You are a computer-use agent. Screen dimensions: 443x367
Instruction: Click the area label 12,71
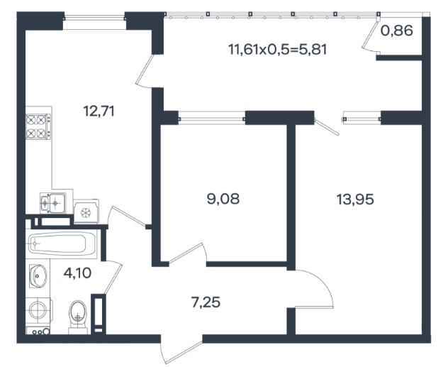pos(99,111)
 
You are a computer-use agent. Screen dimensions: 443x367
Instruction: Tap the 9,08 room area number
pos(223,199)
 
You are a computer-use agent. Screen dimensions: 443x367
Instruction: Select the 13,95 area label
pos(355,199)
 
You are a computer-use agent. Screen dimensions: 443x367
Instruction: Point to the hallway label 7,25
pos(206,302)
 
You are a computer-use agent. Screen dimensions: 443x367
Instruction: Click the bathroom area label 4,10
pos(77,273)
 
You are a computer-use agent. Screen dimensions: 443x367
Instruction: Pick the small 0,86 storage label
pos(397,31)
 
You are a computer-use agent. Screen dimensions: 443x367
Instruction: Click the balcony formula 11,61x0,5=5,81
pos(277,50)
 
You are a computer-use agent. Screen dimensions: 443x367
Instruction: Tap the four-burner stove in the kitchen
pos(38,126)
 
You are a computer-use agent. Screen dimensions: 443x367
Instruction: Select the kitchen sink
pos(53,203)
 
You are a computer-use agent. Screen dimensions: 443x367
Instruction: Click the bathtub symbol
pos(61,243)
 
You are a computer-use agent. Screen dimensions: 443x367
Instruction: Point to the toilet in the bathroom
pos(78,317)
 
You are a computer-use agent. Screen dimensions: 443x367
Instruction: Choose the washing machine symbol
pos(38,310)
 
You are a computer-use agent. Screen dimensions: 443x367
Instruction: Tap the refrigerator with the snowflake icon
pos(86,212)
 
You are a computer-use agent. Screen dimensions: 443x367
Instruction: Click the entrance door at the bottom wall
pos(181,349)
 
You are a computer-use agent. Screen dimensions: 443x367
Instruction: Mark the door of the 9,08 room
pos(187,253)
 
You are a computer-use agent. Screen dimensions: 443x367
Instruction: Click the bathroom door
pos(113,278)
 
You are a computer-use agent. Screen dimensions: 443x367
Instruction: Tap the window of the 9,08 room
pos(212,118)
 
